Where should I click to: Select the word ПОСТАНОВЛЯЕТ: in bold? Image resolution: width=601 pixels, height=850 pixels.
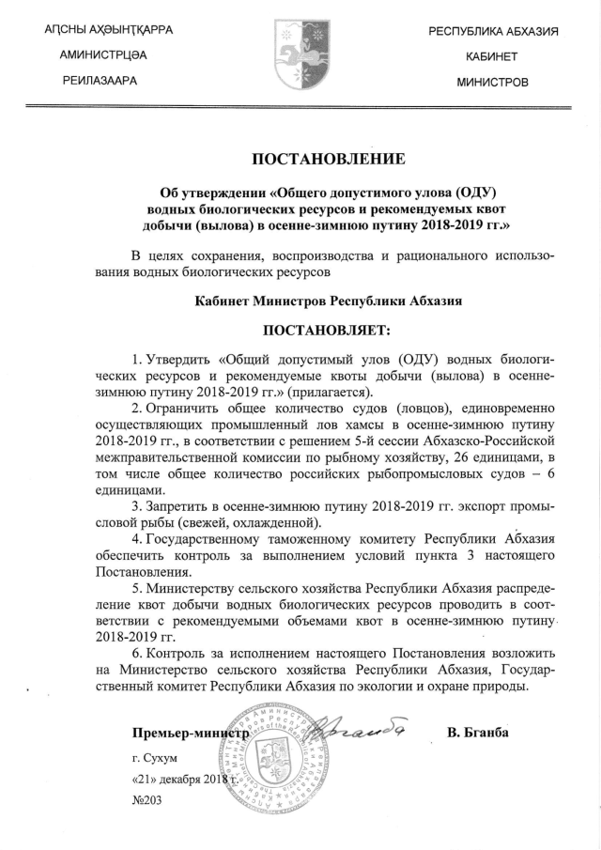(x=325, y=331)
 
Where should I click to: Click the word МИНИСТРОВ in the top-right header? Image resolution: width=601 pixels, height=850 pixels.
(x=492, y=83)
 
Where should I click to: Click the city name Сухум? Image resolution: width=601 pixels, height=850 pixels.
(x=161, y=757)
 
